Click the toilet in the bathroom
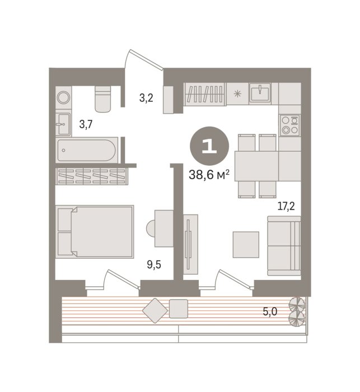point(103,99)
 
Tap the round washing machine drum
point(63,97)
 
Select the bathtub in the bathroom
point(86,150)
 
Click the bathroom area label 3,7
point(86,124)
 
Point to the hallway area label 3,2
point(146,98)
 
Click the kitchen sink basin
point(260,93)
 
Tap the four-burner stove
point(290,125)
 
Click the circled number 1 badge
point(209,146)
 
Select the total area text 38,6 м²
point(209,175)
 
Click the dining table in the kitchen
point(256,166)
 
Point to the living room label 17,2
point(286,206)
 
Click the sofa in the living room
point(284,246)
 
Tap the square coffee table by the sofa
point(246,245)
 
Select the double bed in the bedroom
point(95,232)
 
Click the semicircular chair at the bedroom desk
point(151,228)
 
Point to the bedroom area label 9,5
point(154,264)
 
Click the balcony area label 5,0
point(270,311)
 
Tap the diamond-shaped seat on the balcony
point(155,310)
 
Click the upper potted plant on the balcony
point(297,304)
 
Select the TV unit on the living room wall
point(190,244)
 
